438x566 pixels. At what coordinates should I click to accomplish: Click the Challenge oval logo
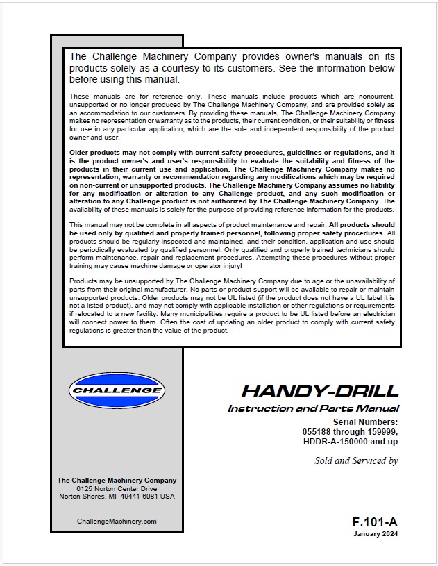[x=116, y=390]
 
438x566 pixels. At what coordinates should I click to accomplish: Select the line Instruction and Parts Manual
[x=313, y=408]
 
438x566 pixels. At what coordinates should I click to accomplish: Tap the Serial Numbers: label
[x=365, y=422]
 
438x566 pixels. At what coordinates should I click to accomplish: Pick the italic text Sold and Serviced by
[x=356, y=460]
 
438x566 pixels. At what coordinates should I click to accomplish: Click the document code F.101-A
[x=375, y=521]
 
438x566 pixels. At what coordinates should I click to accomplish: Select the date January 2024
[x=376, y=534]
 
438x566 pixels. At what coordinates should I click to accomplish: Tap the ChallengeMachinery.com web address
[x=117, y=521]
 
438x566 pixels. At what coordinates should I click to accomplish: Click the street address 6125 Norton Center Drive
[x=117, y=489]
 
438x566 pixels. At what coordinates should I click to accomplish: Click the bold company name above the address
[x=117, y=480]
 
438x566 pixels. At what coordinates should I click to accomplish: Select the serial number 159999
[x=381, y=432]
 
